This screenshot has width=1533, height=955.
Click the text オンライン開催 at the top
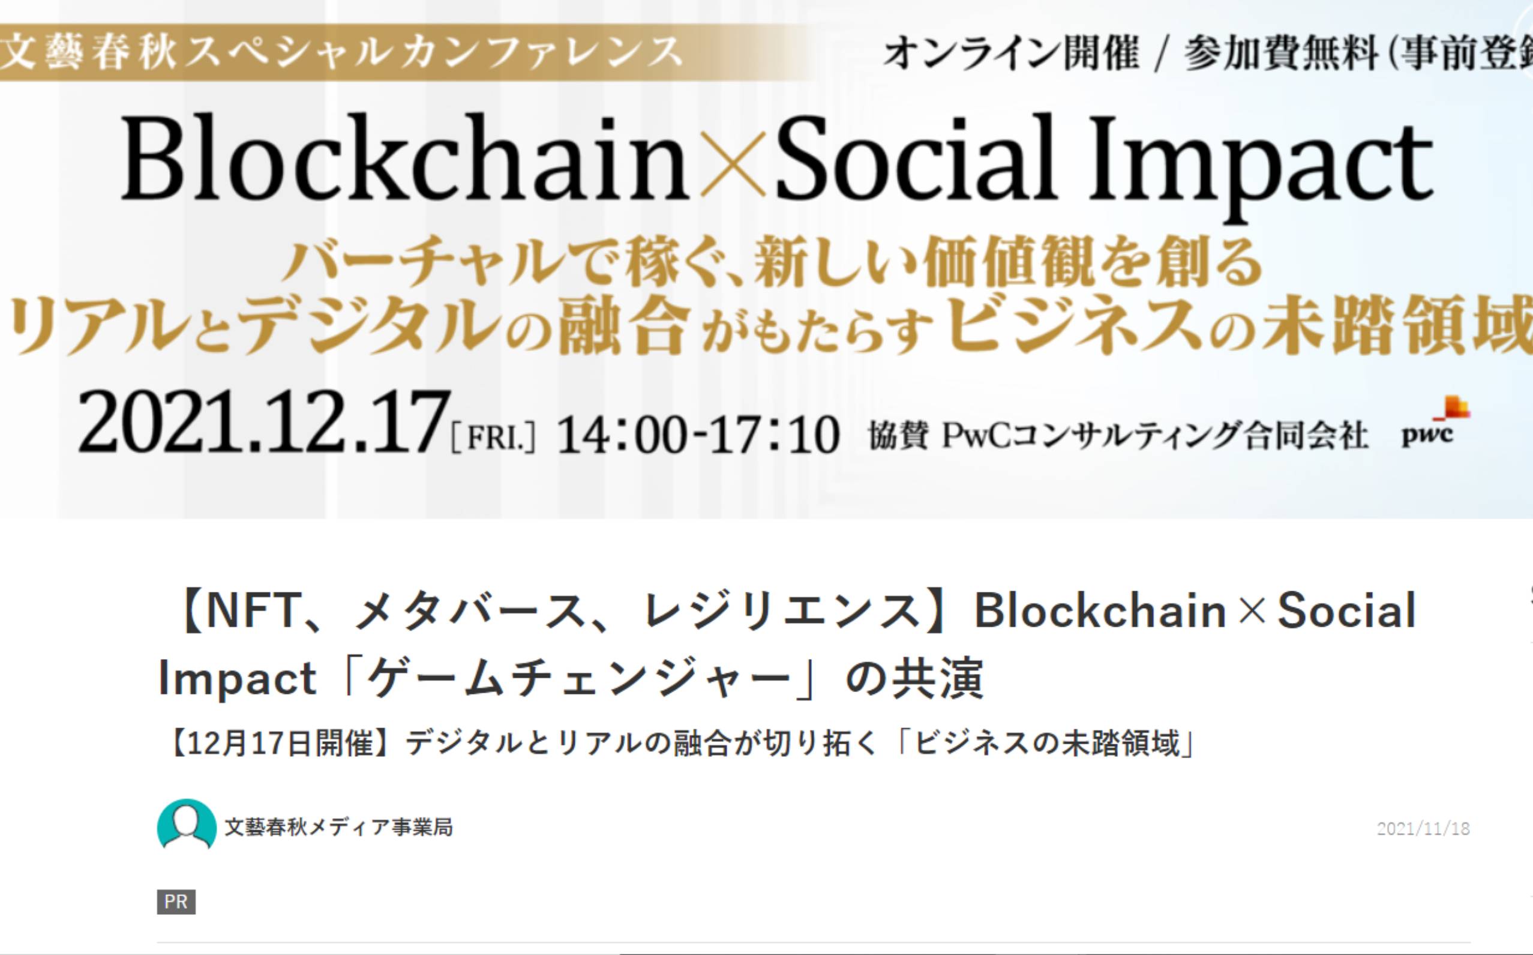point(1011,53)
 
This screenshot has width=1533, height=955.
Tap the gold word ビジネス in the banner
point(1074,324)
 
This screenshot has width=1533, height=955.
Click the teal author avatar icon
point(186,824)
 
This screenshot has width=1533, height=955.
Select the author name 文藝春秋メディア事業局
point(338,827)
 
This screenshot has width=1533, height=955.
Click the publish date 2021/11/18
point(1423,828)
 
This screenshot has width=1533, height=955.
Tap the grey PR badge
point(176,902)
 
